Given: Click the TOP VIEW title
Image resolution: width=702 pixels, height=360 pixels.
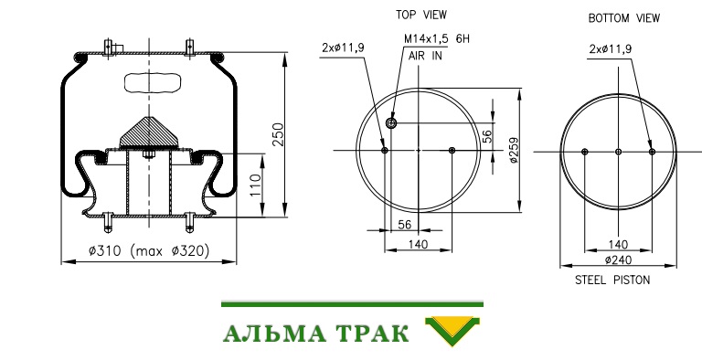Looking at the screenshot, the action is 420,15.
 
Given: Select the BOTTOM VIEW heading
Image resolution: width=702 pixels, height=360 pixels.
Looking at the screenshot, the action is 623,18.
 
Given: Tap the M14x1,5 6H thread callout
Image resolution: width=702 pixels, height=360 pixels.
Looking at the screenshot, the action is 437,39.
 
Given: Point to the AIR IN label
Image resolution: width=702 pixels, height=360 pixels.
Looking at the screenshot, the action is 425,56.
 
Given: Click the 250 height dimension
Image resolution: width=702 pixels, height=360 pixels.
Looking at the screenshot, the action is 279,134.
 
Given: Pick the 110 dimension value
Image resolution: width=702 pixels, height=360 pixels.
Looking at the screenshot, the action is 254,185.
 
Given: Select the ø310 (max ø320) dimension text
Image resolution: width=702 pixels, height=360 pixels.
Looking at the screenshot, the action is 149,250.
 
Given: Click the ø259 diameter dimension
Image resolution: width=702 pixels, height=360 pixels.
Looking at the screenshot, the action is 514,150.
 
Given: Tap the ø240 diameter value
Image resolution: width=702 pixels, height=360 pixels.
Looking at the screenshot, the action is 618,259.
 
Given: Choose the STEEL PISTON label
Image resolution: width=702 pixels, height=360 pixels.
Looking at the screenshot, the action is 612,281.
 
